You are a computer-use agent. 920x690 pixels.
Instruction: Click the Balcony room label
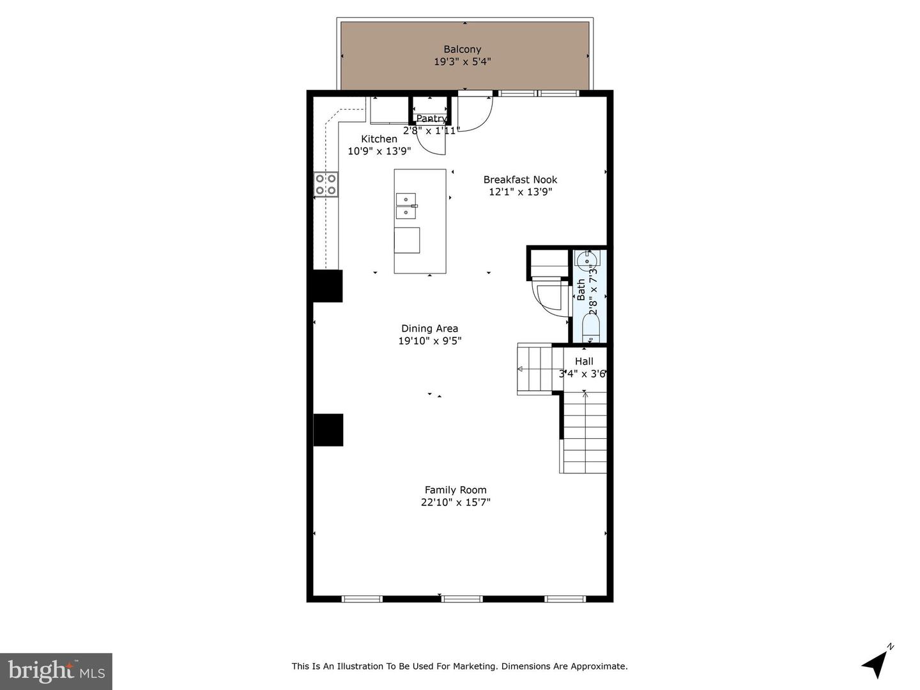pos(463,49)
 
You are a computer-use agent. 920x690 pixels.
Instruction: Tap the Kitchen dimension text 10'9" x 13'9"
pos(379,151)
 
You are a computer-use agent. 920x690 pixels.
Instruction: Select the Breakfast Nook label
pos(520,180)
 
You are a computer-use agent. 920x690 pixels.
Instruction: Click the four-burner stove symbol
pos(326,185)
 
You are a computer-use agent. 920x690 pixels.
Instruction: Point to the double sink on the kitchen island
pos(406,206)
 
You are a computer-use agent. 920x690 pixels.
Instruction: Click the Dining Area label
pos(429,328)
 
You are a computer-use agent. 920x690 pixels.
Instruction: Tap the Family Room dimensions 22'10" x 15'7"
pos(456,502)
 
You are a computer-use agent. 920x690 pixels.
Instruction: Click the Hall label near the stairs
pos(584,362)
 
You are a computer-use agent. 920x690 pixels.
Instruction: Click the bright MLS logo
pos(56,671)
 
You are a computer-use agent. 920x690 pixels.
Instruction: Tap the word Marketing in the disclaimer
pos(475,666)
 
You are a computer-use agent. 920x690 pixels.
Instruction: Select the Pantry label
pos(431,119)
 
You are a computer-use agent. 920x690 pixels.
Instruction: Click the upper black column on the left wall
pos(328,286)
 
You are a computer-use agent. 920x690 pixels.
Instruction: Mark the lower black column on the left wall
pos(328,430)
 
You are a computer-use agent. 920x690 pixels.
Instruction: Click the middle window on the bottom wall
pos(463,599)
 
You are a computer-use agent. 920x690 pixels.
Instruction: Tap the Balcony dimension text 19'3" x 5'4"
pos(463,62)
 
